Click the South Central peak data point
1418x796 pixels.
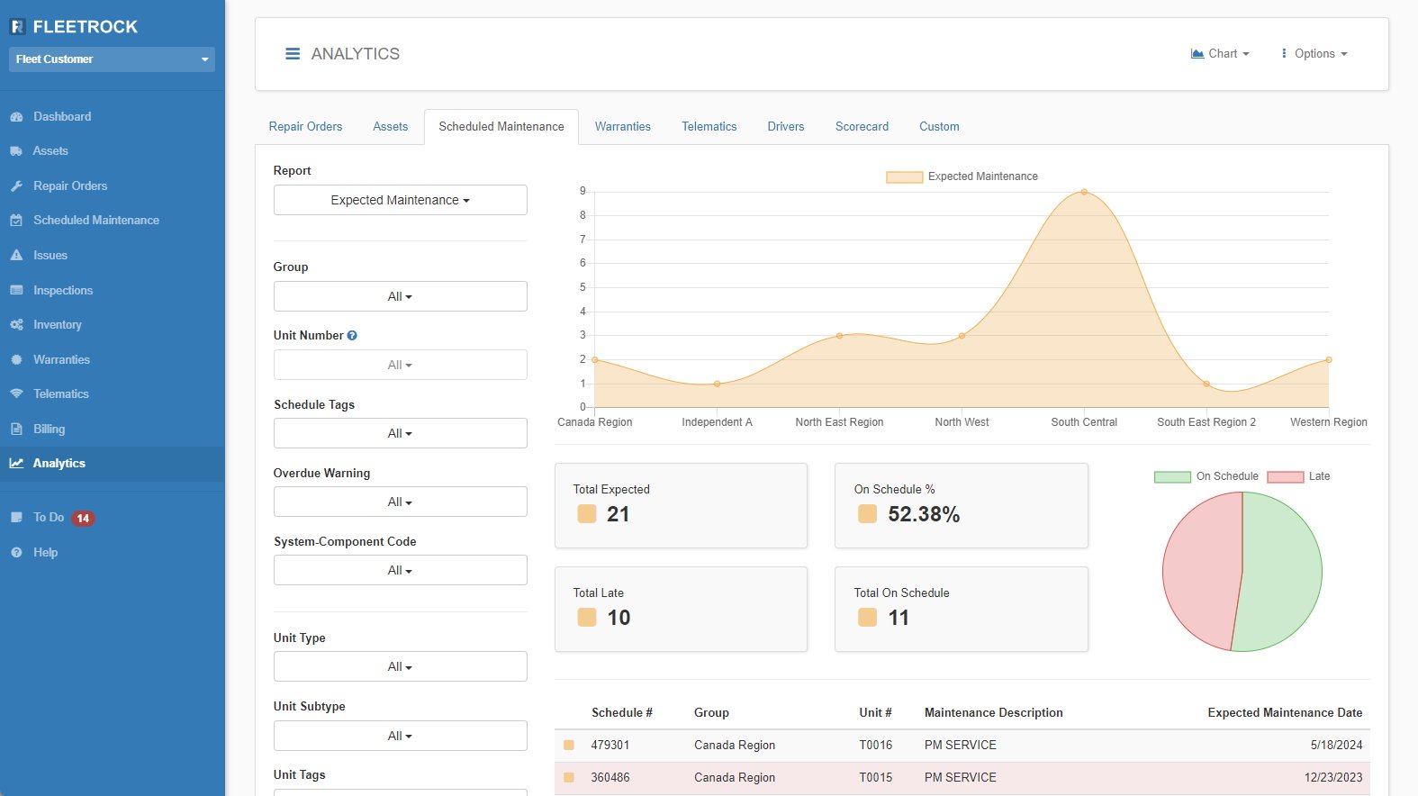[x=1084, y=192]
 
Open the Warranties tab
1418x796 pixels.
[x=622, y=127]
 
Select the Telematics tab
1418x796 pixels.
[x=709, y=127]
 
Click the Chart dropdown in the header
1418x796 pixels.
[x=1220, y=54]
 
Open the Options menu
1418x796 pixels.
[x=1314, y=54]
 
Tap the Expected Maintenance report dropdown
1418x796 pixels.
[x=400, y=200]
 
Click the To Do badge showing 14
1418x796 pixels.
[x=83, y=518]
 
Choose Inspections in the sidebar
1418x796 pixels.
[x=63, y=290]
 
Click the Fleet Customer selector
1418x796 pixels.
[x=112, y=59]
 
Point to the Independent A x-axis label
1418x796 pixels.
[x=717, y=422]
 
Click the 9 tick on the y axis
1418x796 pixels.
[x=583, y=191]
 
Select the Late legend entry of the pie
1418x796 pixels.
[x=1298, y=476]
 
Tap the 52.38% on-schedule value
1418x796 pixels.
[x=924, y=514]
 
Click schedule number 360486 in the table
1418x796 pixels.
[x=610, y=777]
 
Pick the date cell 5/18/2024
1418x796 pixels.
[x=1336, y=745]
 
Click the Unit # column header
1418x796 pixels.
[x=875, y=712]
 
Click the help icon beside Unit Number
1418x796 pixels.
[x=352, y=335]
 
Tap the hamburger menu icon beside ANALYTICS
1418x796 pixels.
[x=293, y=54]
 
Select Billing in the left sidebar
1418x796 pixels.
[x=49, y=429]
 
